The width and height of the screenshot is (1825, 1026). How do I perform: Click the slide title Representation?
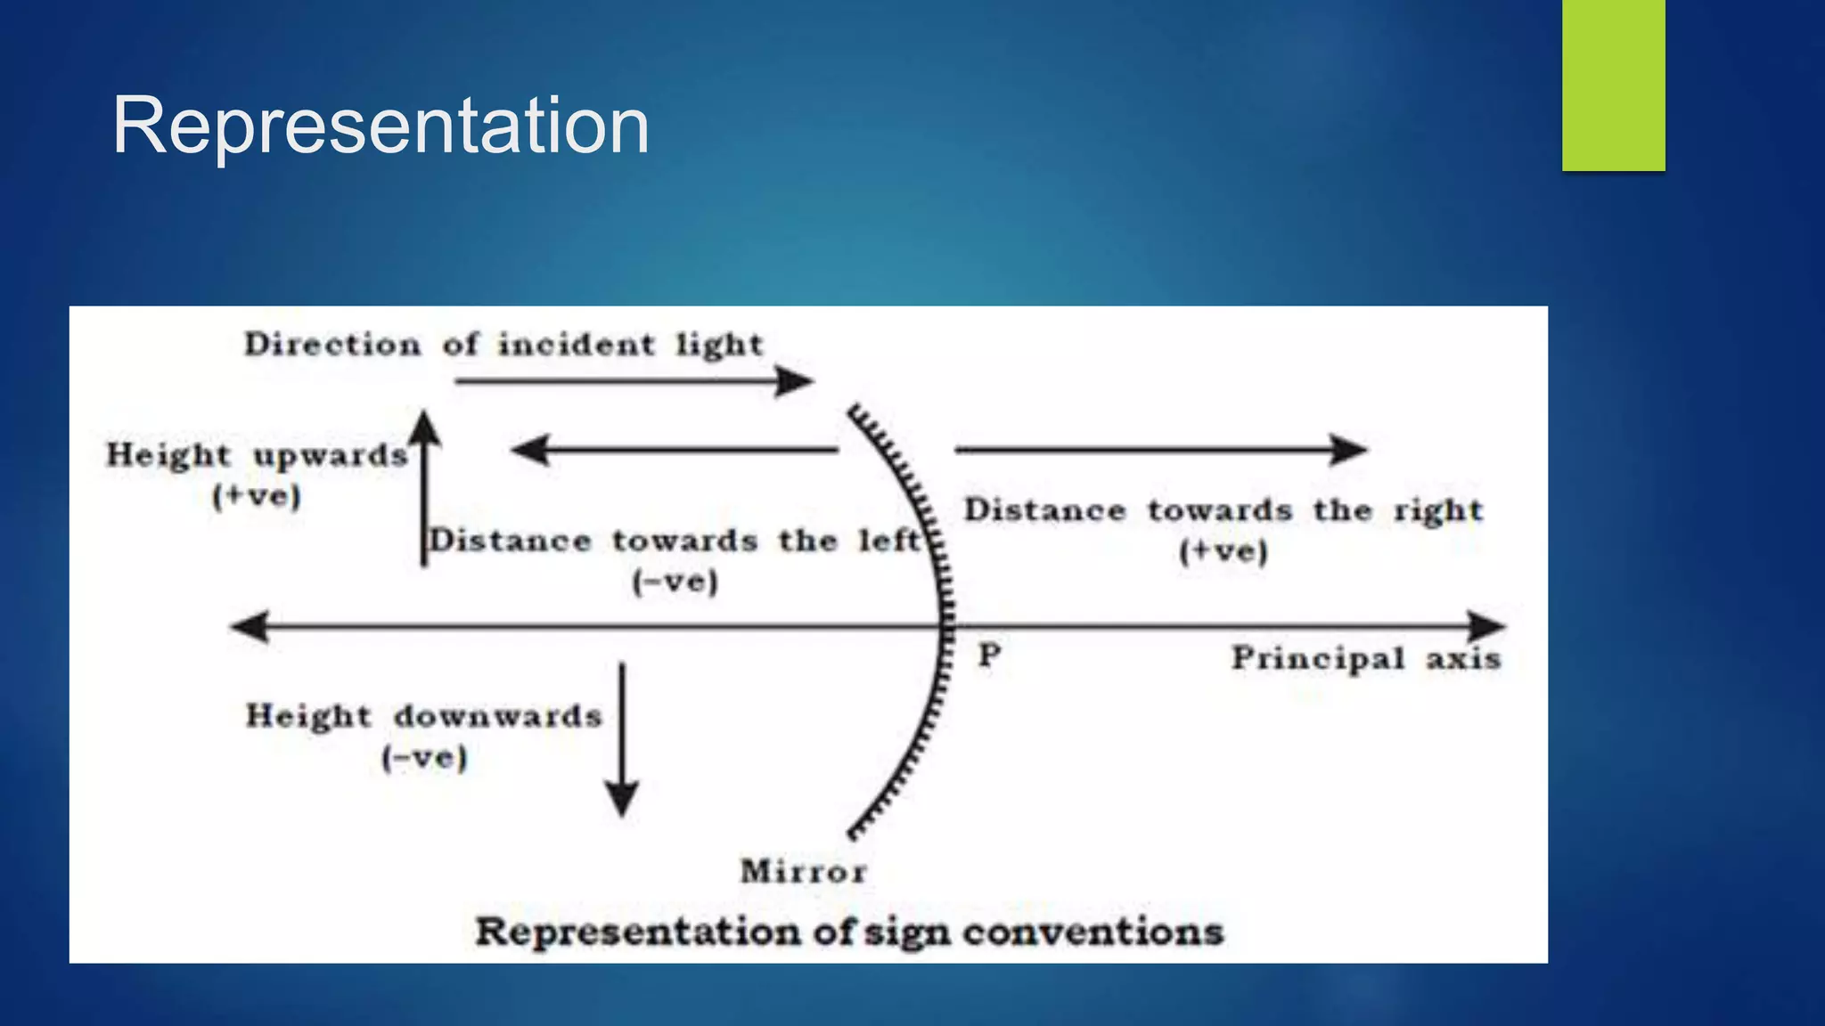[381, 126]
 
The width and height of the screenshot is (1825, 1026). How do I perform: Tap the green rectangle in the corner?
[1613, 85]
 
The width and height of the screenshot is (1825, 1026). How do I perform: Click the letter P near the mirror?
[989, 655]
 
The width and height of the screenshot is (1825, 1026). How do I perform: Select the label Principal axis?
[1365, 659]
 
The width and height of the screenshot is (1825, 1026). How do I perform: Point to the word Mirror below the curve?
[803, 871]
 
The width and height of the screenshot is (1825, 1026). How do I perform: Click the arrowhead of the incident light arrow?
[796, 381]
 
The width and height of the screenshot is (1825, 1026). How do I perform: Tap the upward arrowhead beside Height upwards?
[425, 427]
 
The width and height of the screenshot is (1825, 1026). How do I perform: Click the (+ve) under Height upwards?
[257, 496]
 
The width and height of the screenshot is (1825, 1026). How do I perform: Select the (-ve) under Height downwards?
[424, 759]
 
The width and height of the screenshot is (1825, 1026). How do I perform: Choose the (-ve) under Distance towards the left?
[675, 582]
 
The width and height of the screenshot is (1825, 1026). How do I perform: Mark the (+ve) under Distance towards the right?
[1223, 551]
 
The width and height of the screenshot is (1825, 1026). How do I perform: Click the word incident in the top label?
[576, 344]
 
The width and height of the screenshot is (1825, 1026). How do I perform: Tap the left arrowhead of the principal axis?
[250, 626]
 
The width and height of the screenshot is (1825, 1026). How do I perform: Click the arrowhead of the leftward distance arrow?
[530, 450]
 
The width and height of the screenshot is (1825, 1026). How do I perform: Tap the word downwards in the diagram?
[498, 716]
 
